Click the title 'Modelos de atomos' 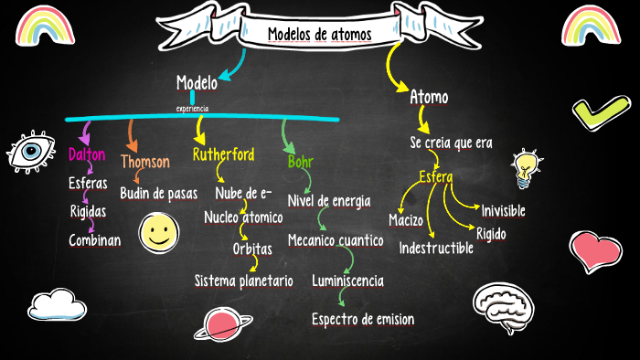[x=320, y=35]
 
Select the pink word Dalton [x=87, y=154]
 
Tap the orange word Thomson [x=145, y=162]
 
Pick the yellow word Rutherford [x=223, y=154]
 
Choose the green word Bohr [x=300, y=163]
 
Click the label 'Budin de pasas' [x=159, y=193]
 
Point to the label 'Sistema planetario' [x=243, y=281]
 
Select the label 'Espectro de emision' [x=363, y=320]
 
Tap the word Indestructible [x=436, y=248]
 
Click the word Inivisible [x=503, y=211]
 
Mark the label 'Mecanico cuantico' [x=335, y=240]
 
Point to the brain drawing [x=502, y=306]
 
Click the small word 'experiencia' [x=192, y=109]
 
